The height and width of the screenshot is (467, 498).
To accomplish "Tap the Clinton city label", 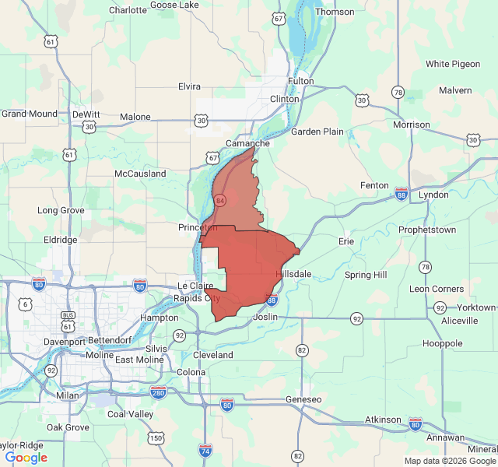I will pyautogui.click(x=284, y=99).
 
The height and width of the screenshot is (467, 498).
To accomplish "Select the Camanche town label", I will pyautogui.click(x=247, y=143).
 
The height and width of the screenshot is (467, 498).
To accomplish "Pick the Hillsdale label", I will pyautogui.click(x=294, y=275).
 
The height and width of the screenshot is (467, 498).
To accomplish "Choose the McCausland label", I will pyautogui.click(x=140, y=174).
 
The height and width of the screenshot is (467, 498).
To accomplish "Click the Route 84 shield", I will pyautogui.click(x=220, y=201).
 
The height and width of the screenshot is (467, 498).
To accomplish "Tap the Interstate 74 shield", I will pyautogui.click(x=205, y=450).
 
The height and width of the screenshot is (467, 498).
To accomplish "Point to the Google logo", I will pyautogui.click(x=26, y=458).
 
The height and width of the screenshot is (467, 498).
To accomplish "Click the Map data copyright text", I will pyautogui.click(x=450, y=461).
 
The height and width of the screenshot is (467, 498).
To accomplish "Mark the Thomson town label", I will pyautogui.click(x=335, y=12).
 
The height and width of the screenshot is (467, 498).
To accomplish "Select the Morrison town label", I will pyautogui.click(x=412, y=124).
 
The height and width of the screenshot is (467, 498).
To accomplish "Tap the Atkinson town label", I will pyautogui.click(x=382, y=420).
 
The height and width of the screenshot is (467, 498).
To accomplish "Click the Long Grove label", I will pyautogui.click(x=61, y=210).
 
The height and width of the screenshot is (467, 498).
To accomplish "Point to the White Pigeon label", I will pyautogui.click(x=452, y=64).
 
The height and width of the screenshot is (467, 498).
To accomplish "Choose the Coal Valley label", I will pyautogui.click(x=130, y=414).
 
